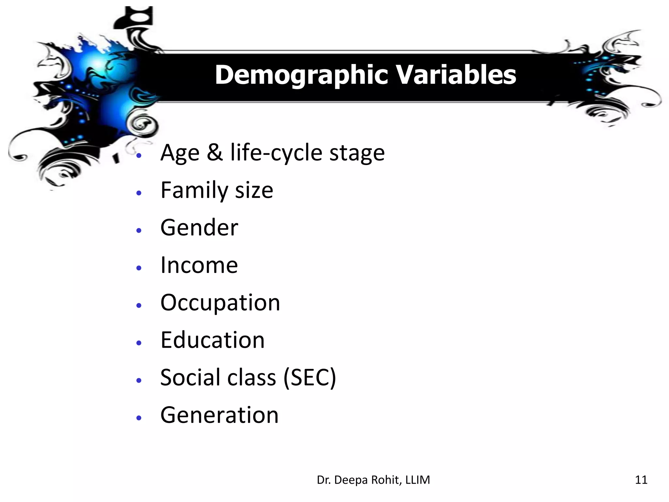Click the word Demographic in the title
point(302,75)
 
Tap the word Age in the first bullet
point(180,153)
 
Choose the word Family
point(194,191)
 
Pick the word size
point(254,191)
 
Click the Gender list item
point(199,228)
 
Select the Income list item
point(199,265)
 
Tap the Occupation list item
point(220,303)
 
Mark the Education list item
point(212,340)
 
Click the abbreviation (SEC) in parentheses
point(310,378)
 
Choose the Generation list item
point(219,415)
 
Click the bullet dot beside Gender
point(139,230)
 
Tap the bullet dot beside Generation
point(139,418)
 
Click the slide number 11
point(641,480)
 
